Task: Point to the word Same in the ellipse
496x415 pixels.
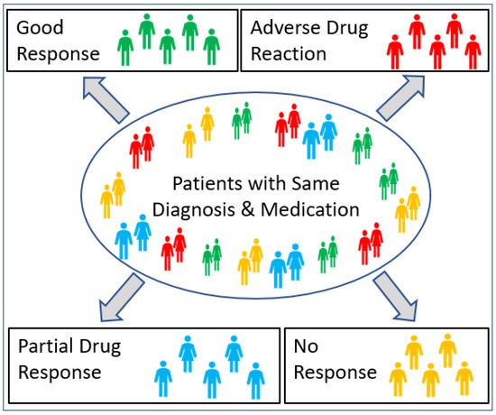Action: (x=317, y=184)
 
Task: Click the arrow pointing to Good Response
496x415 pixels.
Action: (x=107, y=97)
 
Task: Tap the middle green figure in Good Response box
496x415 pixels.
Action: (x=167, y=45)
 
